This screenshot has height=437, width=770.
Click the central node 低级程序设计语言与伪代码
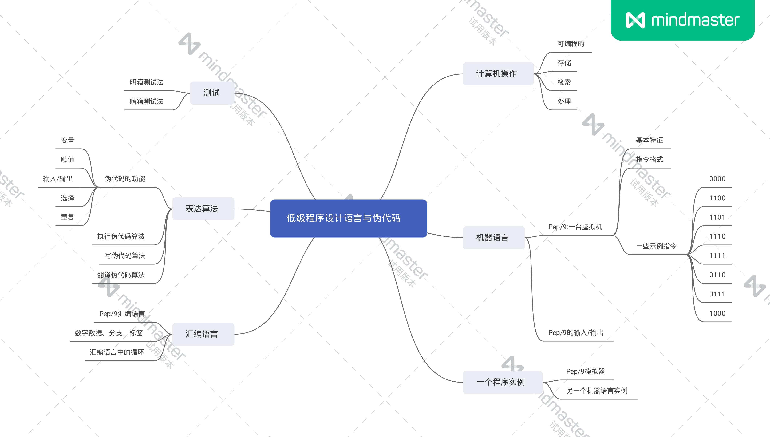(348, 218)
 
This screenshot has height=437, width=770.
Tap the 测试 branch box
(212, 93)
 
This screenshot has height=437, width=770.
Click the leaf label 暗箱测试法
(146, 101)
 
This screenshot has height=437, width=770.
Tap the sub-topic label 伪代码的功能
(125, 179)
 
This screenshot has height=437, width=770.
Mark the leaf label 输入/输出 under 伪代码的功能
(58, 179)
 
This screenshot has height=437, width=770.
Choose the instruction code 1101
(717, 217)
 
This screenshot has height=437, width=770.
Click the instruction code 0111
(717, 294)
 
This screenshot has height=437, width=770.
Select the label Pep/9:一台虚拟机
(575, 227)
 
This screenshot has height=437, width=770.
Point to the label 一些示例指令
(656, 246)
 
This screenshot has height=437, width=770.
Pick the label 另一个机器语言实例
(597, 391)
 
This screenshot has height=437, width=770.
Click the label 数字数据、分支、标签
(109, 333)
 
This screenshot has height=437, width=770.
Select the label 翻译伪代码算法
(121, 275)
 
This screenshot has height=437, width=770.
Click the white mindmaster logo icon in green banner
(635, 20)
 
